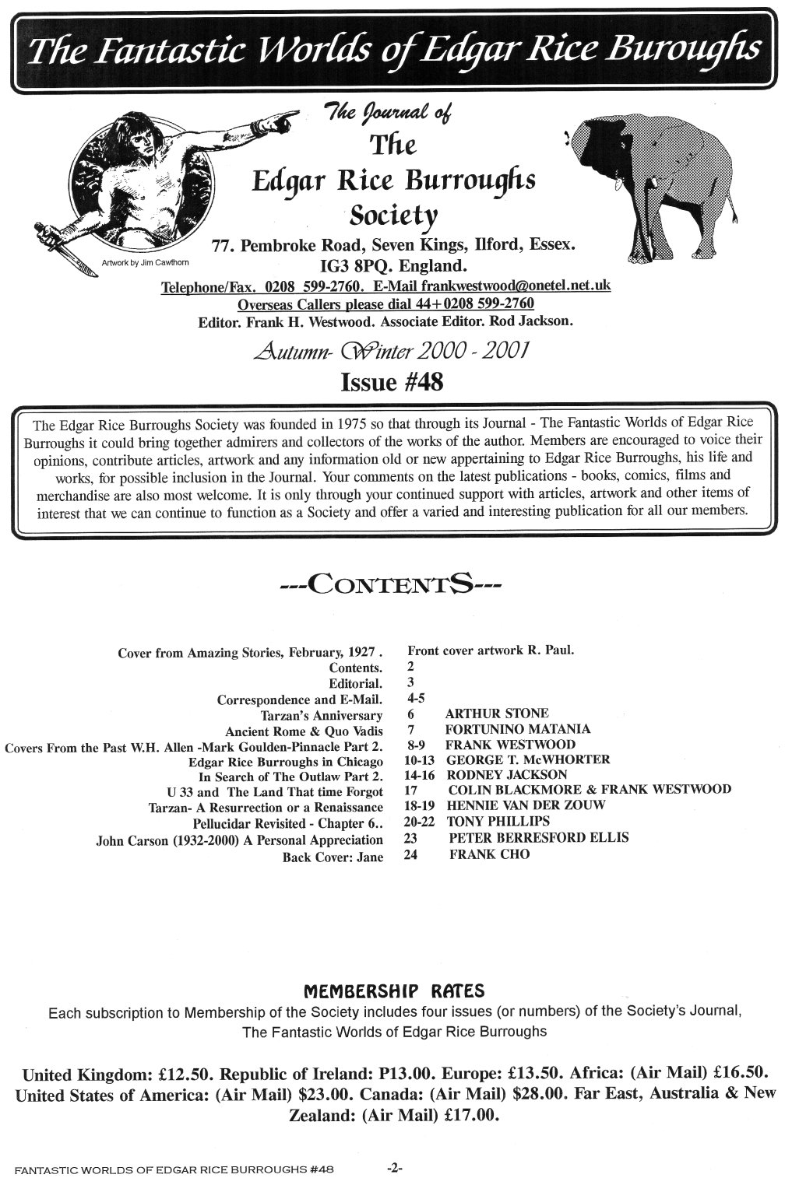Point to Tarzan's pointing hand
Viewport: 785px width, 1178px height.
285,119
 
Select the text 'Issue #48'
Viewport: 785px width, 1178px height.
392,382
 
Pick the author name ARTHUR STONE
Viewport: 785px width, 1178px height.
497,713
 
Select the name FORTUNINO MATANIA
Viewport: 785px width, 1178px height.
517,728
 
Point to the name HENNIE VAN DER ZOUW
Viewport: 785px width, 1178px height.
526,805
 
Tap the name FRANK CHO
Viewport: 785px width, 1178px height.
489,854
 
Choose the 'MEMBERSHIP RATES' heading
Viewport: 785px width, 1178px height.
392,990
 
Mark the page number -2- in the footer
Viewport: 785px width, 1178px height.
393,1167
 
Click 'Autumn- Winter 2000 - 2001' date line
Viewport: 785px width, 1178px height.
392,352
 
